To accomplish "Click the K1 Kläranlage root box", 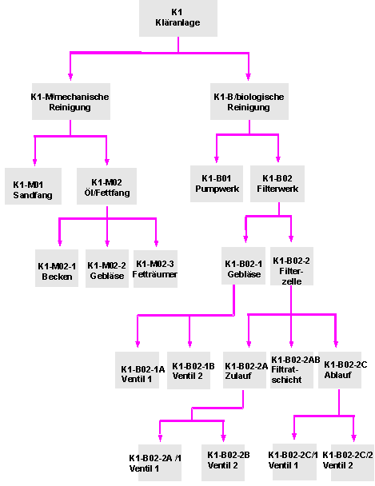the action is (178, 18).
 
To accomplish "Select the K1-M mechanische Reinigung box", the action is (71, 102).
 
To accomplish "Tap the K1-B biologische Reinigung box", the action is (249, 102).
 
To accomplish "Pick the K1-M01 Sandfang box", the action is (33, 186).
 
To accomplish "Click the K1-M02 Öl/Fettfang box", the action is (106, 186).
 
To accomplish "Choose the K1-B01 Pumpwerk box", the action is (217, 184).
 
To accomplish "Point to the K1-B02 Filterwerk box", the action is (277, 184).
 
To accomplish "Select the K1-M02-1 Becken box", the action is (57, 268).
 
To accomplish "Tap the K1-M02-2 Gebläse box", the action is (107, 269).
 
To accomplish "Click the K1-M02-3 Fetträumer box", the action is (155, 269).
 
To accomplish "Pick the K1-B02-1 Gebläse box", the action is (243, 265).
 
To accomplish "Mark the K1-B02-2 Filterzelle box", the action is (292, 266).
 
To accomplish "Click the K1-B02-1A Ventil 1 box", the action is (137, 370).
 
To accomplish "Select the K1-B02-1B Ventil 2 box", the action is (189, 370).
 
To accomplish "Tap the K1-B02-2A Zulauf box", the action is (245, 370).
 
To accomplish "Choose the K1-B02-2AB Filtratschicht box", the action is (292, 370).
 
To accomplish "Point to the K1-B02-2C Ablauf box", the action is (340, 370).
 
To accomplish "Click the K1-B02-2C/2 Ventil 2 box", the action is (353, 463).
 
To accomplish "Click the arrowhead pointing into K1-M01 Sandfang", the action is (34, 162).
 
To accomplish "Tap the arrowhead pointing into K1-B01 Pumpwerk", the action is (217, 159).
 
